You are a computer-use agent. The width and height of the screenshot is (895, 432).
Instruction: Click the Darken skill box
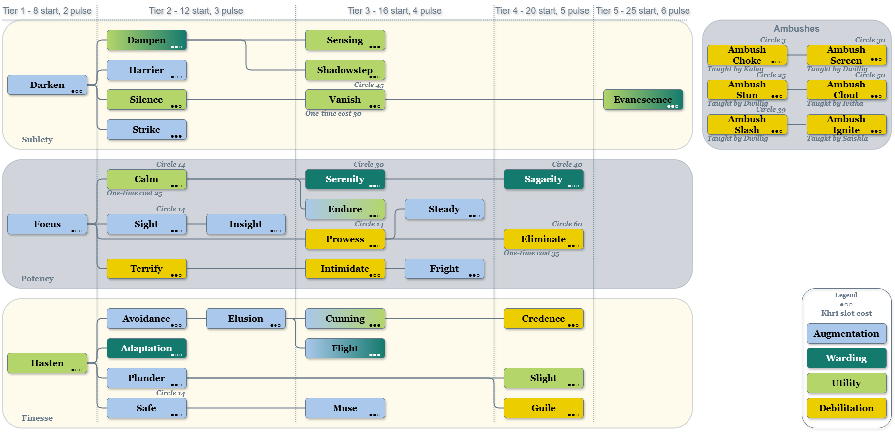click(47, 85)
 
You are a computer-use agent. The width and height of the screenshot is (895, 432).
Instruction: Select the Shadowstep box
click(345, 70)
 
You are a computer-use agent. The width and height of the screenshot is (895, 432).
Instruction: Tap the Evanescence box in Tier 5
click(643, 100)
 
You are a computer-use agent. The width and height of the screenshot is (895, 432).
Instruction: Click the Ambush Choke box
click(747, 55)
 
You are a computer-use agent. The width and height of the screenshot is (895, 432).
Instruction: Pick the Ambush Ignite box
click(846, 125)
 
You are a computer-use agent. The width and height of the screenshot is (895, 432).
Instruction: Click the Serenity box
click(345, 179)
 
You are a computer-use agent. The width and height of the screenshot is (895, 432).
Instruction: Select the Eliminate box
click(544, 239)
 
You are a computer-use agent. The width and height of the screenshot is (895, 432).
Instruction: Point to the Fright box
click(444, 269)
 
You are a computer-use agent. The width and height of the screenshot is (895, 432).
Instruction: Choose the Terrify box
click(146, 269)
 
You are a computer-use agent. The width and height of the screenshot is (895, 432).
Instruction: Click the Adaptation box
click(146, 348)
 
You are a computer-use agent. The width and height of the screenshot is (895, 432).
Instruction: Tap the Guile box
click(544, 408)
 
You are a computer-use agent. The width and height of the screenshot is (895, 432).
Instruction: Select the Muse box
click(345, 408)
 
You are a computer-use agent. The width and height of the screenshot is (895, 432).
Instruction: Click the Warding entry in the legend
click(846, 358)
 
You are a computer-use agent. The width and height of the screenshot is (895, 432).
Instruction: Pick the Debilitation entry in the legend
click(846, 408)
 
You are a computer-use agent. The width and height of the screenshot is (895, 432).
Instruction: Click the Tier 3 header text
click(394, 11)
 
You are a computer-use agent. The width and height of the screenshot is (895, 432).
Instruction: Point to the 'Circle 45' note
click(369, 85)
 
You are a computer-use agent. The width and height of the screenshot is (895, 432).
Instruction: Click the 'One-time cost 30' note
click(333, 114)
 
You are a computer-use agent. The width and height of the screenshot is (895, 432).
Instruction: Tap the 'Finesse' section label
click(37, 418)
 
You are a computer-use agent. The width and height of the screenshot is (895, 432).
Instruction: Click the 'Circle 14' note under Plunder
click(170, 393)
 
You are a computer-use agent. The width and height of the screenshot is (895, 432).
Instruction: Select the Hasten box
click(47, 363)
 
